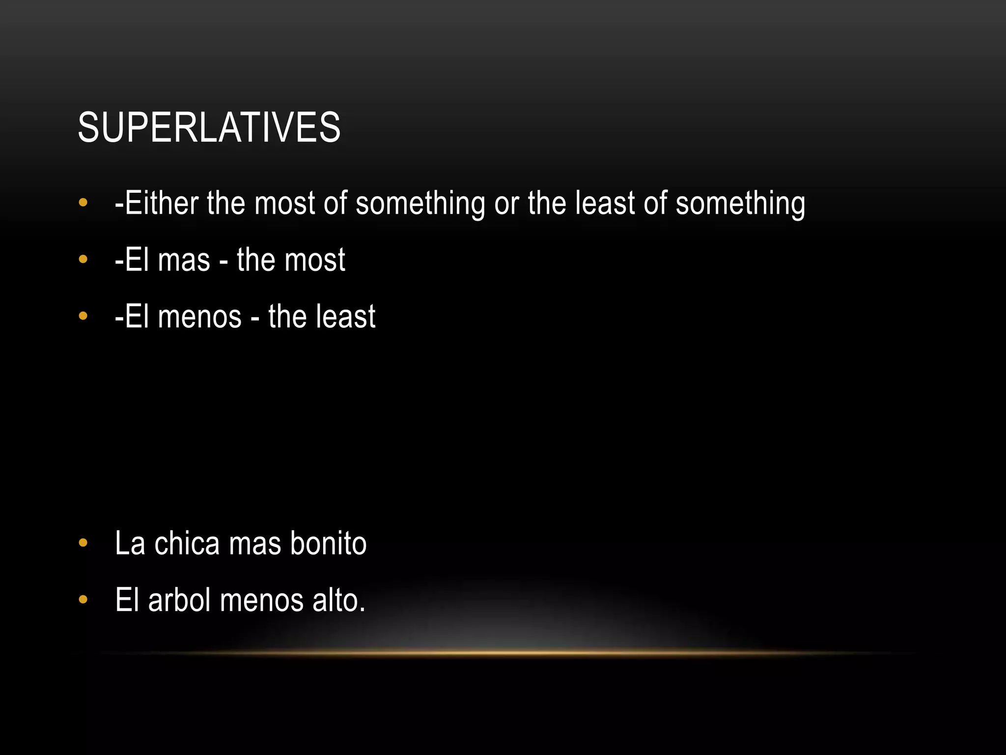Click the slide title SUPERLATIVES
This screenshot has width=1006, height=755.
pyautogui.click(x=209, y=127)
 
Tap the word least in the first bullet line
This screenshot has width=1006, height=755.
pyautogui.click(x=605, y=203)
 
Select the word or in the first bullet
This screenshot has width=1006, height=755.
pyautogui.click(x=506, y=203)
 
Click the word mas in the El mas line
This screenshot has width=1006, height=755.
pyautogui.click(x=184, y=260)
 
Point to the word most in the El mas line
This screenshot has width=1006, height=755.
pyautogui.click(x=321, y=260)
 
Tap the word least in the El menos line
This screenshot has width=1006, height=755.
pyautogui.click(x=349, y=317)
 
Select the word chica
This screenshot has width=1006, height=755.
pyautogui.click(x=187, y=544)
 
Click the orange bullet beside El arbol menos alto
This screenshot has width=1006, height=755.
pyautogui.click(x=83, y=600)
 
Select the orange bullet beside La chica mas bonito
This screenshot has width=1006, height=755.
pyautogui.click(x=83, y=544)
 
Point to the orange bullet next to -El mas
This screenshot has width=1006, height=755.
pyautogui.click(x=83, y=260)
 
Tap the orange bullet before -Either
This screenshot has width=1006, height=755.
pyautogui.click(x=83, y=203)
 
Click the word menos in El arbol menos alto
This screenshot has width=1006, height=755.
pyautogui.click(x=262, y=600)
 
